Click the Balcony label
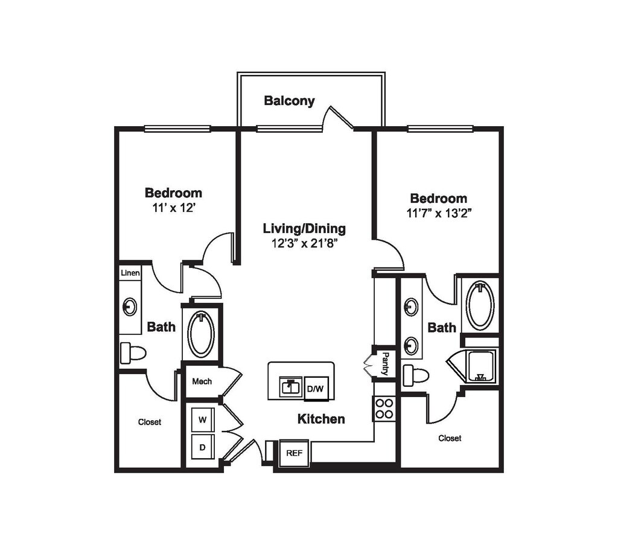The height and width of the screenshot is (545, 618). point(289,101)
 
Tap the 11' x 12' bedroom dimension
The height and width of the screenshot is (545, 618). point(174,208)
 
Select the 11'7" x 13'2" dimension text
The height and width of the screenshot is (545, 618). point(439,213)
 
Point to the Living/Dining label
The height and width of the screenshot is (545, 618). point(304,229)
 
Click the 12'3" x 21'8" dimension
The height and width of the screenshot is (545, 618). point(305,243)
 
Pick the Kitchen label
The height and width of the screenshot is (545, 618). point(321,419)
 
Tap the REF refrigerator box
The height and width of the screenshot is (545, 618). point(295,454)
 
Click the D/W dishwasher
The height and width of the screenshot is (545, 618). point(315,389)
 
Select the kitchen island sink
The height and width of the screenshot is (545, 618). point(291,387)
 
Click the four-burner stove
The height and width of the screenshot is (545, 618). point(384,409)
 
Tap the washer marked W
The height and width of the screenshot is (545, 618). point(203,419)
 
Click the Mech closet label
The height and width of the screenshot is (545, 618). point(202,381)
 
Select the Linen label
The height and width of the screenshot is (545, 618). point(130,273)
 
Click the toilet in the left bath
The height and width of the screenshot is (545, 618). point(133,353)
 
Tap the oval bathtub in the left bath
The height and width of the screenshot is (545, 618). point(201,334)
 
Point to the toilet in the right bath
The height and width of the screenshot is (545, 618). point(416,375)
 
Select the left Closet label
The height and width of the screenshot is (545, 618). point(150,422)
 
